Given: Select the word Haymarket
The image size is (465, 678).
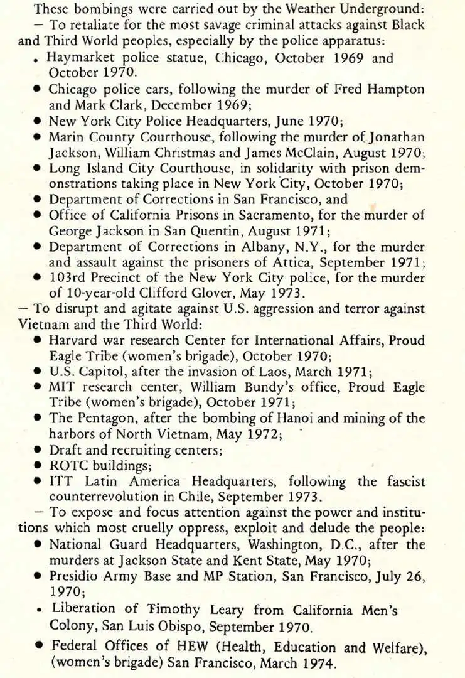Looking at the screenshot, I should tap(78, 58).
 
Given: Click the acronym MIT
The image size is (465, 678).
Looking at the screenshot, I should tap(61, 387).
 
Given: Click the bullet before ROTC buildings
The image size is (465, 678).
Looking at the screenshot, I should tap(38, 466).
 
